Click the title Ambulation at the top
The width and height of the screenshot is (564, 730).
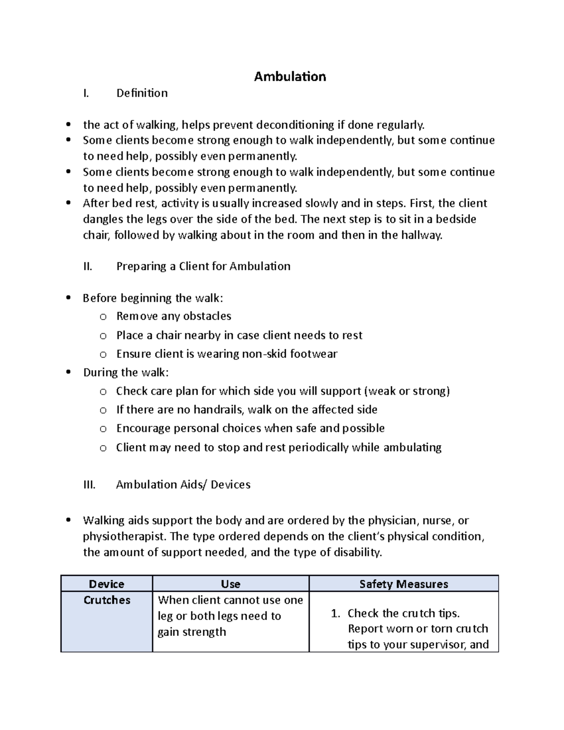pos(290,77)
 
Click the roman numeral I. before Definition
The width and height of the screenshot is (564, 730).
pos(86,93)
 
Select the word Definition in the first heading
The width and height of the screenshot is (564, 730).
pos(142,93)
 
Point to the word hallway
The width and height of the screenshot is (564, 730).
pos(421,235)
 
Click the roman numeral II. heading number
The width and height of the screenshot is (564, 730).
pos(87,267)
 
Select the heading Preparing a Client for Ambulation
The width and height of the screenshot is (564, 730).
pos(203,267)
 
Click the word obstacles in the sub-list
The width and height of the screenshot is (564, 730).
pos(209,316)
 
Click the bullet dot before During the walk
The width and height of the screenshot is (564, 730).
pos(69,373)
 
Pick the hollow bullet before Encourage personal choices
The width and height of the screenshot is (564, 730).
pos(103,429)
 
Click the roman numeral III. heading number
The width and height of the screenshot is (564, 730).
pos(89,485)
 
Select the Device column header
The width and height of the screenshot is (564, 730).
pos(107,584)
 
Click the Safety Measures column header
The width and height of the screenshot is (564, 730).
pos(403,584)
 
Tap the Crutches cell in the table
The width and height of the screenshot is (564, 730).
pos(107,600)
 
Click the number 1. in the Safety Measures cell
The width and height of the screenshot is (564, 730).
pos(335,613)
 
